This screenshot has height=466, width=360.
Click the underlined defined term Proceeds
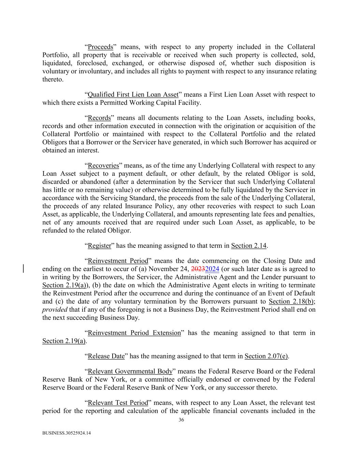100,47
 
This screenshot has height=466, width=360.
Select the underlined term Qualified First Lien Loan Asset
133,95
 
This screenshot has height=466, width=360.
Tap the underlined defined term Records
99,118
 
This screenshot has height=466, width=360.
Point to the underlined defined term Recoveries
103,166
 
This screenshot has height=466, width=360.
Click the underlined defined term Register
100,246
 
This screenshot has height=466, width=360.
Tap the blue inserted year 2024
212,269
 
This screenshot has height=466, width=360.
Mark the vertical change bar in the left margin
23,268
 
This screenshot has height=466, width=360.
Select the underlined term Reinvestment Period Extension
134,333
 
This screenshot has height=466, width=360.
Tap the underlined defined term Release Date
106,356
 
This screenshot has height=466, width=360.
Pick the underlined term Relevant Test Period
118,403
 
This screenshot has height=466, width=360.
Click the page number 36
181,420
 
